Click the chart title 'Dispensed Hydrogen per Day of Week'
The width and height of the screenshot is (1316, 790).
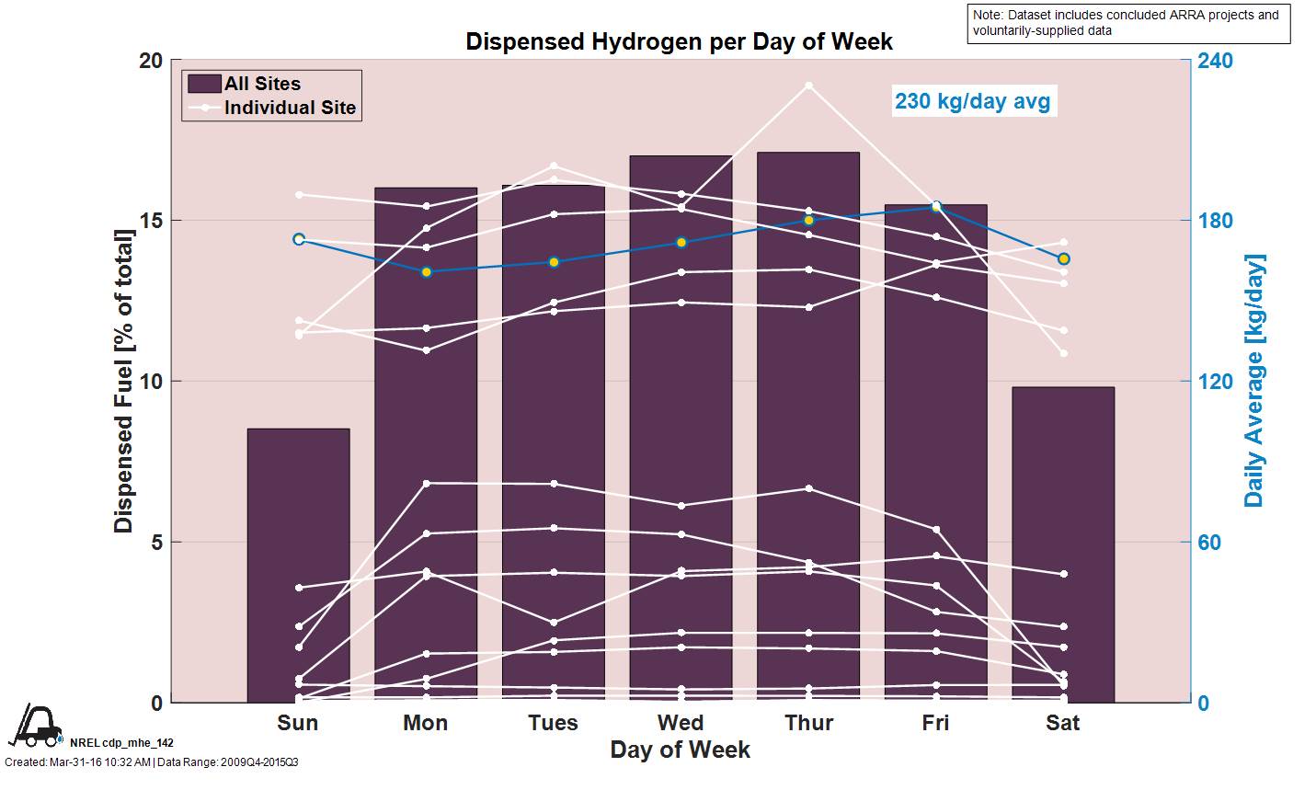(679, 41)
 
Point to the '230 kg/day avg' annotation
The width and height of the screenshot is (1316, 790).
(972, 100)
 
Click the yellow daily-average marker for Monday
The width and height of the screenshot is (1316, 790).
(427, 272)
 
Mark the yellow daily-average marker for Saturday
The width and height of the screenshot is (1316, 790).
(1064, 259)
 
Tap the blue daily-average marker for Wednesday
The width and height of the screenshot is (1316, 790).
(681, 243)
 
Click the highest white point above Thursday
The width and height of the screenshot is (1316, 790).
(809, 86)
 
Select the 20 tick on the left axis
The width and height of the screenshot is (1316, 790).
(151, 61)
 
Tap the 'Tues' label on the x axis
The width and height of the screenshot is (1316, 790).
(554, 723)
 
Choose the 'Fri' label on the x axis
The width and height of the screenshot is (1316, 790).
(935, 723)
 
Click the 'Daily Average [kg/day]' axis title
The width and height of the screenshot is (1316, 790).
(1254, 381)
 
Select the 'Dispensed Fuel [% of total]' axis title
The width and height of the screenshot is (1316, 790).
(123, 381)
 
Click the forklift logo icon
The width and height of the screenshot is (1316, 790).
(34, 726)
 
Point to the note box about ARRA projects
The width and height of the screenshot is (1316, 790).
(1129, 23)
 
